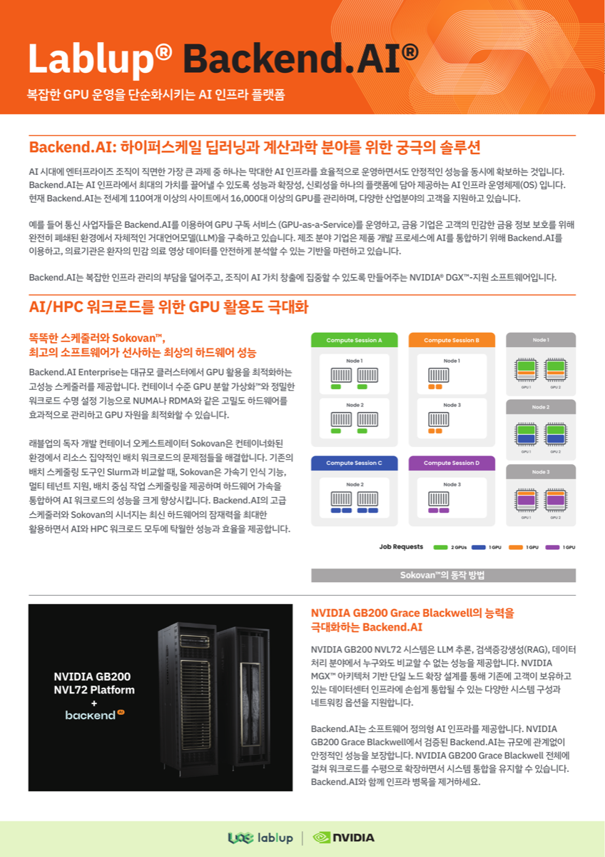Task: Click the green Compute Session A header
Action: [x=354, y=340]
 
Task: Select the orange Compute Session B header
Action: [x=452, y=340]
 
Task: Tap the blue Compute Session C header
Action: [x=354, y=463]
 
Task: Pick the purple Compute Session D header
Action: [x=452, y=463]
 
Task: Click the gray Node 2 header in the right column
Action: [x=540, y=406]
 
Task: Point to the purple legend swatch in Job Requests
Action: [x=552, y=547]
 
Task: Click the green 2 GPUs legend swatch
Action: [x=440, y=547]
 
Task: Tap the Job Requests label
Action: [x=401, y=547]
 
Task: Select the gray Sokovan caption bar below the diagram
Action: [x=443, y=575]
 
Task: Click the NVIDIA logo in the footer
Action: [x=344, y=838]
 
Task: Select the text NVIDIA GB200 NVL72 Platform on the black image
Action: [x=93, y=683]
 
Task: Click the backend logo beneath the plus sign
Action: [x=93, y=714]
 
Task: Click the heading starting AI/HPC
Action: [x=168, y=308]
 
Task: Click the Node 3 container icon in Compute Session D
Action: [x=438, y=498]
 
